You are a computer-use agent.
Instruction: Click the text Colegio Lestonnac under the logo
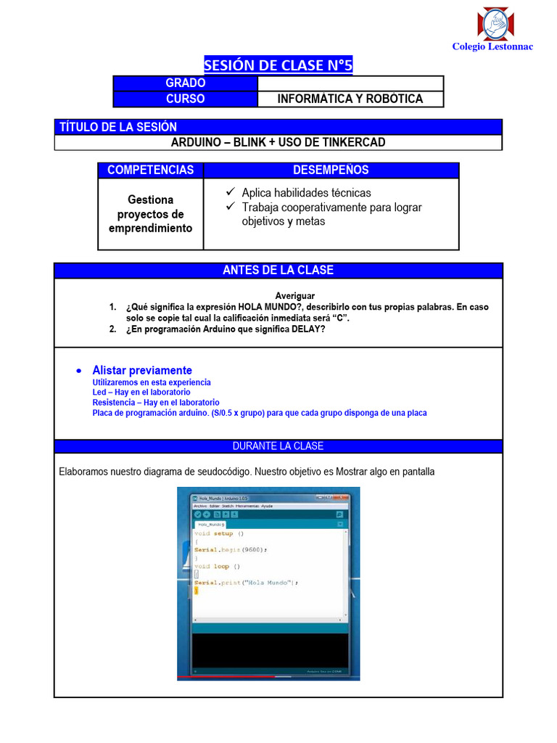click(492, 46)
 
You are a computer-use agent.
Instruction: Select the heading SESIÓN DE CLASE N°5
click(278, 65)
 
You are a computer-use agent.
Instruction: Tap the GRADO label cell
click(186, 83)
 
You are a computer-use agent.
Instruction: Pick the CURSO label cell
click(186, 99)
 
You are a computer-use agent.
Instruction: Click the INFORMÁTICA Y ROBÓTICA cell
click(350, 99)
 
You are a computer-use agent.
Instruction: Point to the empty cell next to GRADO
click(350, 83)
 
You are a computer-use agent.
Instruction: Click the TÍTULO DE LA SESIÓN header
click(118, 127)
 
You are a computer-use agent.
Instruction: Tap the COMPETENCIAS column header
click(151, 170)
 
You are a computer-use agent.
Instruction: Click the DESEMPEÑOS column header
click(331, 170)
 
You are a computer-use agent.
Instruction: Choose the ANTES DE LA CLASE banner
click(278, 270)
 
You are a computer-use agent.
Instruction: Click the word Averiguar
click(294, 295)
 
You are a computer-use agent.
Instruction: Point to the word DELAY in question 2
click(309, 329)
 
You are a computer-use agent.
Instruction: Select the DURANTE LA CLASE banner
click(278, 446)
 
